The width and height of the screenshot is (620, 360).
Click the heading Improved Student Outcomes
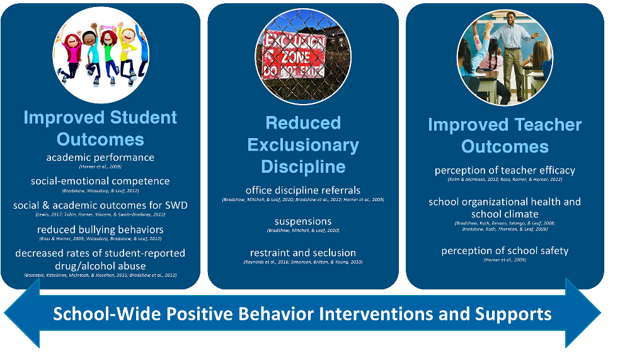pyautogui.click(x=100, y=128)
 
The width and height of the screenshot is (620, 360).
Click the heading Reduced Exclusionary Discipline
pyautogui.click(x=303, y=144)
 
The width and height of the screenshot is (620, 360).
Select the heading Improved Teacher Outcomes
pyautogui.click(x=505, y=136)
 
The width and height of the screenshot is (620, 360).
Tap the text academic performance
pyautogui.click(x=100, y=157)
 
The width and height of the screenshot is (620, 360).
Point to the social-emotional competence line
pyautogui.click(x=100, y=181)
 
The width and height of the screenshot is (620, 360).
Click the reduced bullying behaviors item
pyautogui.click(x=100, y=229)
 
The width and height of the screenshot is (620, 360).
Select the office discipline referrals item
pyautogui.click(x=303, y=190)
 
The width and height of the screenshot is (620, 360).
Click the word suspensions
pyautogui.click(x=303, y=221)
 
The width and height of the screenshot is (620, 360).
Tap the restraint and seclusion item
pyautogui.click(x=303, y=253)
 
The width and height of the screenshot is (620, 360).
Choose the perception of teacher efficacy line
pyautogui.click(x=505, y=170)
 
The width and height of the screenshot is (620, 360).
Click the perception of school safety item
pyautogui.click(x=505, y=250)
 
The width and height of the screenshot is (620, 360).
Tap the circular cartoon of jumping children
pyautogui.click(x=101, y=55)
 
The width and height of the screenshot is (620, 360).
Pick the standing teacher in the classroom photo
pyautogui.click(x=512, y=54)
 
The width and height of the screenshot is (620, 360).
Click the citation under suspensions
pyautogui.click(x=303, y=231)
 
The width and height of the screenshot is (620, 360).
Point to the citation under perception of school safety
pyautogui.click(x=505, y=260)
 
